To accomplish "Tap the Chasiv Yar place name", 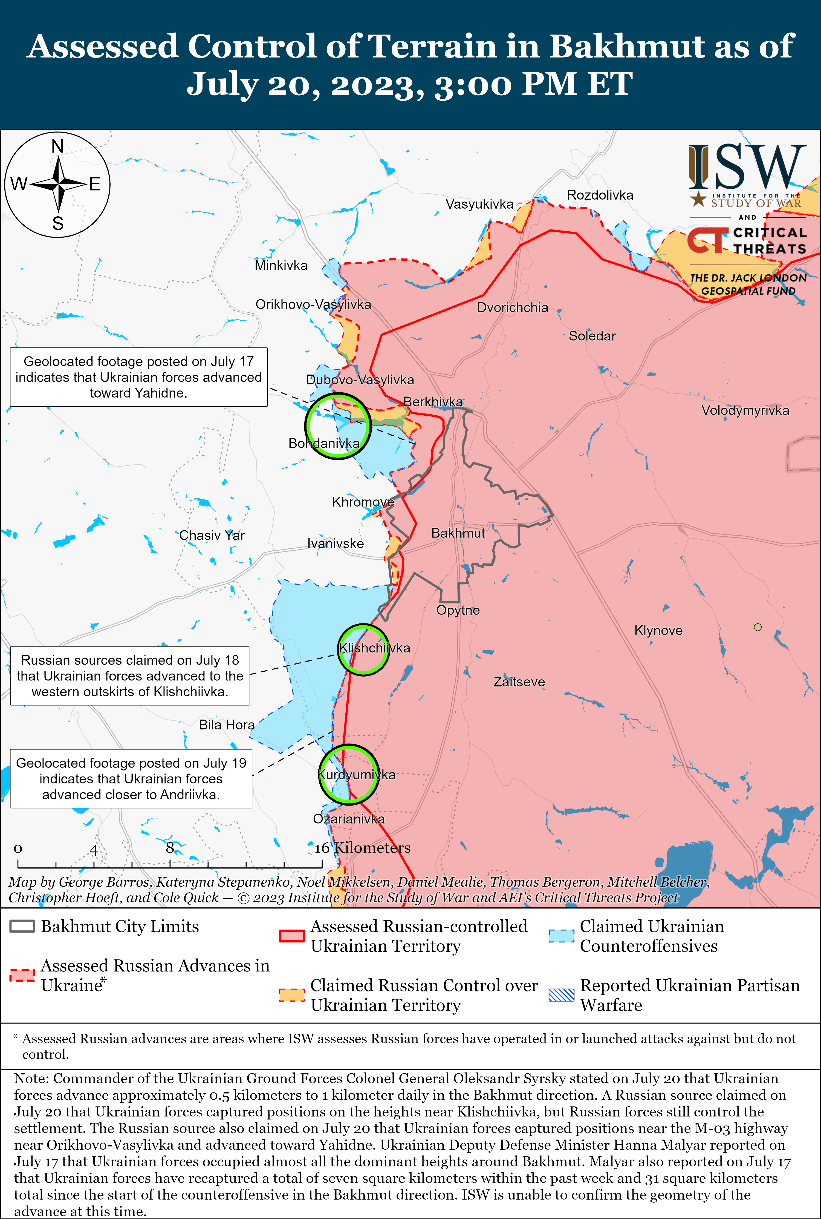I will click(212, 535).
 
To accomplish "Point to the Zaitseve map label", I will click(519, 682).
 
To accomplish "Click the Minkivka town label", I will click(281, 266).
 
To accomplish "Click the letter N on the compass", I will click(57, 147).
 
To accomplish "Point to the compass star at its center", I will click(59, 184).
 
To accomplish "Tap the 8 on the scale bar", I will click(170, 848).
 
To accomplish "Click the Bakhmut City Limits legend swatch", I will click(22, 926).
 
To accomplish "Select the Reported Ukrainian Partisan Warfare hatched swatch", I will click(561, 995).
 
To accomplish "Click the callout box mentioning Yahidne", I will click(139, 377).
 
